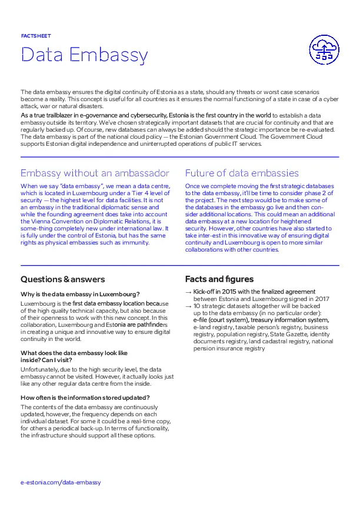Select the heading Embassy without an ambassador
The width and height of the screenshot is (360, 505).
(95, 173)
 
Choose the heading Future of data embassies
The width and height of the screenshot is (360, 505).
(242, 173)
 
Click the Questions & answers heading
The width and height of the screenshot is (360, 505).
(63, 279)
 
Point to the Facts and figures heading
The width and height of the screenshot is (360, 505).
(219, 279)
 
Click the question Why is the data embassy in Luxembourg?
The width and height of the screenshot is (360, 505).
(79, 294)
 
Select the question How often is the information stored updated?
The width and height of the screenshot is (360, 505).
(85, 397)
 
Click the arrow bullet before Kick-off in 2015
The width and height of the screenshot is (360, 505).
(188, 292)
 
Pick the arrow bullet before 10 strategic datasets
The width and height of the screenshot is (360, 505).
(188, 307)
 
